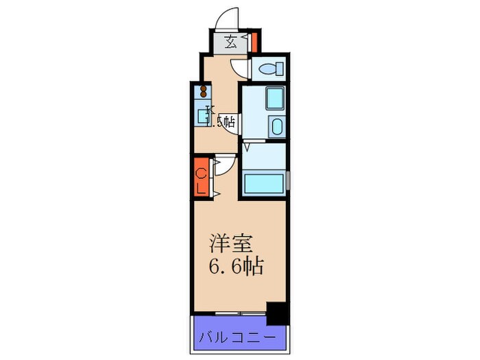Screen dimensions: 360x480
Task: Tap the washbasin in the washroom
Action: tap(276, 128)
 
